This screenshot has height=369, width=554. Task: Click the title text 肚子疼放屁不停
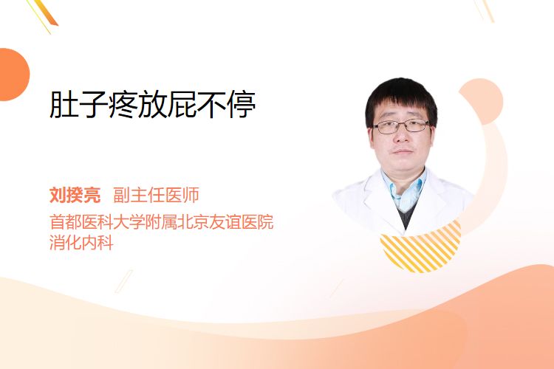pyautogui.click(x=152, y=105)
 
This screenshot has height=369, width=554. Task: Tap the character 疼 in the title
pyautogui.click(x=123, y=105)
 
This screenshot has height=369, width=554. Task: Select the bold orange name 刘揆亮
pyautogui.click(x=75, y=195)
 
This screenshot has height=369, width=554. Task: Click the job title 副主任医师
pyautogui.click(x=156, y=195)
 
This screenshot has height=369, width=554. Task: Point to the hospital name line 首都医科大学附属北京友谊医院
pyautogui.click(x=162, y=221)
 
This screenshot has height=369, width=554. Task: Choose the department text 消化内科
pyautogui.click(x=81, y=242)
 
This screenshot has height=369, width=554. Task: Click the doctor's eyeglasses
pyautogui.click(x=401, y=126)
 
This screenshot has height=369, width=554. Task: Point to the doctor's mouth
pyautogui.click(x=403, y=151)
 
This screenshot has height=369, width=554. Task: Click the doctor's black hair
pyautogui.click(x=401, y=95)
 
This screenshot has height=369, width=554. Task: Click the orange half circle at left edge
pyautogui.click(x=13, y=75)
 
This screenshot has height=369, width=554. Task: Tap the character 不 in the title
pyautogui.click(x=212, y=105)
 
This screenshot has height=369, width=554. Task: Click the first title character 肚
pyautogui.click(x=64, y=105)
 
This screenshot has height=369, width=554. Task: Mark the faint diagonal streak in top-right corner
pyautogui.click(x=484, y=10)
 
